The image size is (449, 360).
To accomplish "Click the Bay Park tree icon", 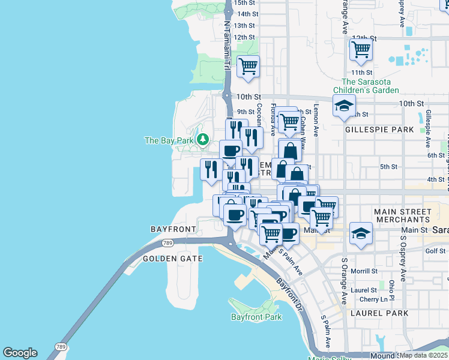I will click(203, 140).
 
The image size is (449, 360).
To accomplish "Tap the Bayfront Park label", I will click(256, 317).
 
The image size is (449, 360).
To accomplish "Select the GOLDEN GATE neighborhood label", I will click(172, 259).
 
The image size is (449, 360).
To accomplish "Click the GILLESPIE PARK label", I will click(379, 130).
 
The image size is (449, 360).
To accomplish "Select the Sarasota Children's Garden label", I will click(370, 86).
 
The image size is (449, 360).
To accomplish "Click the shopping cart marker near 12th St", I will click(361, 49).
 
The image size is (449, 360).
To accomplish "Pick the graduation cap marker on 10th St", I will click(343, 106).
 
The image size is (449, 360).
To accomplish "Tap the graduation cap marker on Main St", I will click(360, 234).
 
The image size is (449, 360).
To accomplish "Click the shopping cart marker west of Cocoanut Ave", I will click(248, 67).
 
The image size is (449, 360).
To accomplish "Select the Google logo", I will click(20, 353).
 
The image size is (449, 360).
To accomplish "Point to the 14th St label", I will click(247, 14).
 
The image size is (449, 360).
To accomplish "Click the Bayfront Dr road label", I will click(290, 293).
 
